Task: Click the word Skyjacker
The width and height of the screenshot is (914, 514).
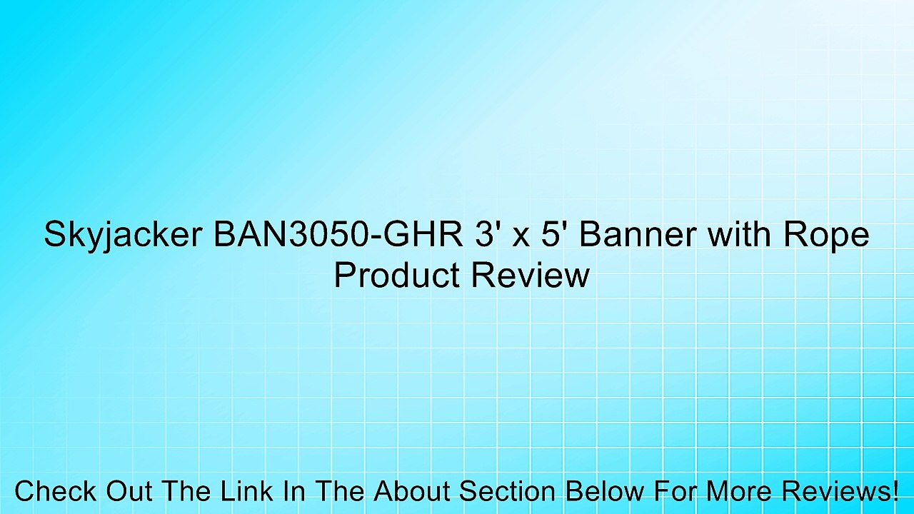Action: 121,236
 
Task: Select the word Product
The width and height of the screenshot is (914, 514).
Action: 394,276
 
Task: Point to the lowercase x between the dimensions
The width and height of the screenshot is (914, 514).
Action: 521,237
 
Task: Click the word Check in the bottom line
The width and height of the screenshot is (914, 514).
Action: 55,492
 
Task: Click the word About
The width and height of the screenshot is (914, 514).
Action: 413,492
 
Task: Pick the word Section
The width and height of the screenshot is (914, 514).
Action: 506,492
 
